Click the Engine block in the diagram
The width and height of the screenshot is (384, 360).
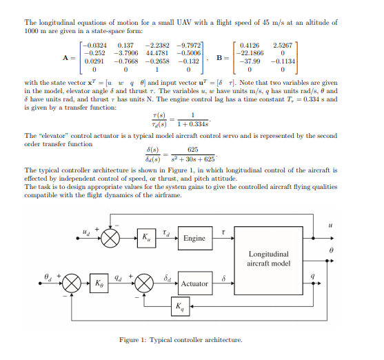[x=194, y=238]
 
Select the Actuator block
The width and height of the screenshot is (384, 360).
[x=194, y=283]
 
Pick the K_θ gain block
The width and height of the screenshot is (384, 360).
[x=99, y=283]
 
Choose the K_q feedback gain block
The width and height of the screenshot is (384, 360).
[x=179, y=306]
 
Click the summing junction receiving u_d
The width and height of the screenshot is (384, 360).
[x=110, y=238]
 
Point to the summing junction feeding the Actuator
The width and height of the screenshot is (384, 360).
[x=144, y=283]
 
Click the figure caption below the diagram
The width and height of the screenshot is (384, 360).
[x=181, y=340]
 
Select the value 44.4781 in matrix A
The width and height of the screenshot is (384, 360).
[x=158, y=52]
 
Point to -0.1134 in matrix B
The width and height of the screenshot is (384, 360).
[x=283, y=60]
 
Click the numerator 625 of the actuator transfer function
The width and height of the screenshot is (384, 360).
[x=193, y=150]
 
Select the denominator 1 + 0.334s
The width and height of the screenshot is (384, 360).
[x=194, y=123]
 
